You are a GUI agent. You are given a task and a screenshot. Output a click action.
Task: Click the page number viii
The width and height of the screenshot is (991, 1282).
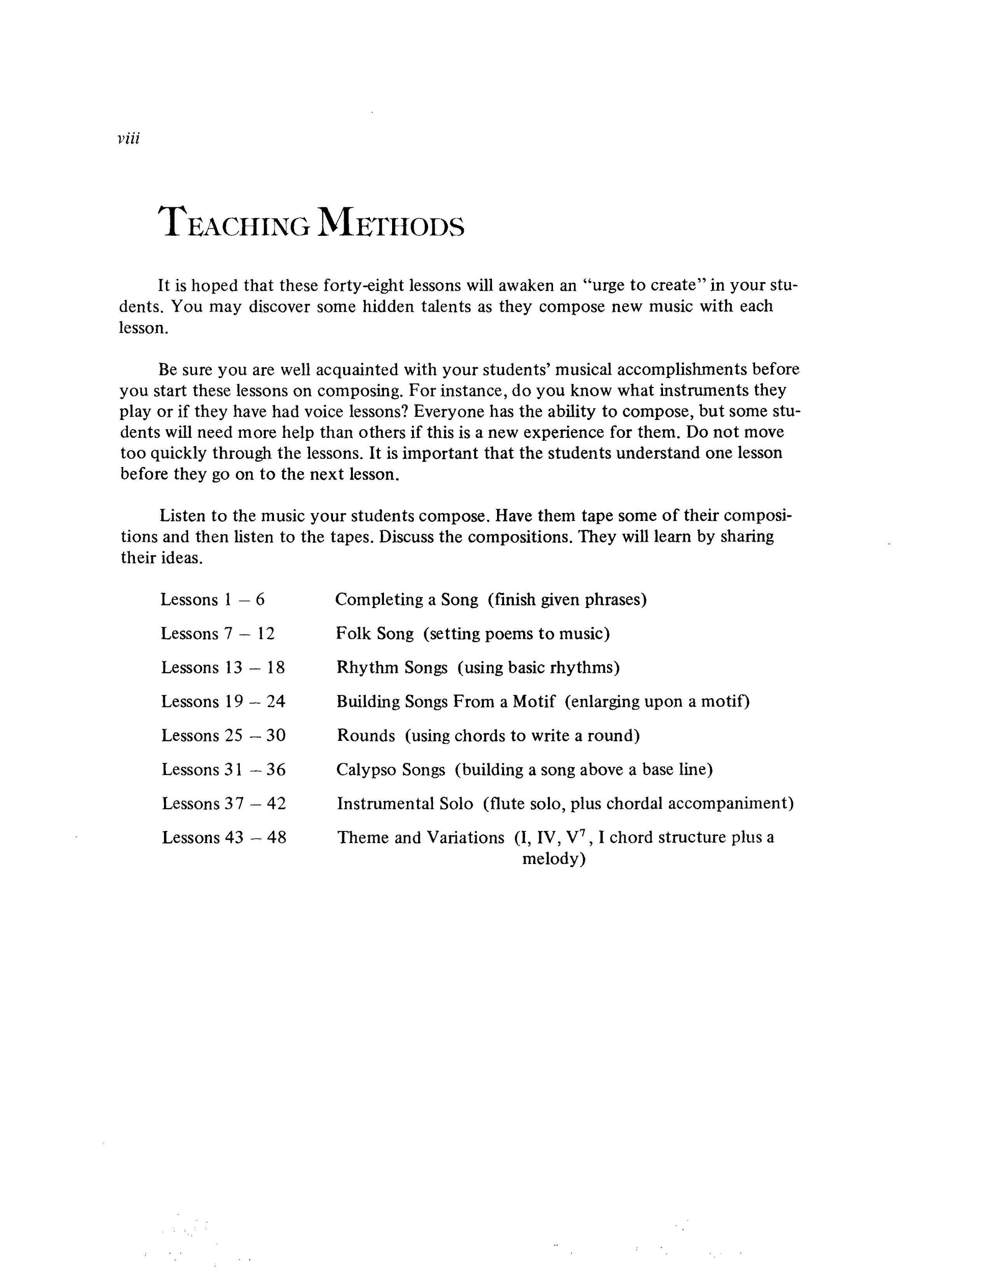pos(128,139)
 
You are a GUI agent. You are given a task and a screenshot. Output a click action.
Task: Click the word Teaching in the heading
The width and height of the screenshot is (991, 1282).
pos(235,224)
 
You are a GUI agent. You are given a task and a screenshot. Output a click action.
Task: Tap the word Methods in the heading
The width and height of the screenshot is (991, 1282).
pos(391,224)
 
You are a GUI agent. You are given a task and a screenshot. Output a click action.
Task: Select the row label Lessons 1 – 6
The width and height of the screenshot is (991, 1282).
pos(212,600)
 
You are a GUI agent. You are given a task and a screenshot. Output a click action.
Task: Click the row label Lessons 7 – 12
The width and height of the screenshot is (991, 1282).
pos(218,634)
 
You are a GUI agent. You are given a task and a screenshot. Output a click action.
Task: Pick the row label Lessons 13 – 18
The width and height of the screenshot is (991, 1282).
pos(223,668)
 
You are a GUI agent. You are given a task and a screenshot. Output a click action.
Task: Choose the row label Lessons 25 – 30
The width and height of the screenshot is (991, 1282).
pos(224,736)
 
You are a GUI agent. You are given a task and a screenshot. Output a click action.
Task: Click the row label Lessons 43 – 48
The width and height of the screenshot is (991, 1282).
pos(224,838)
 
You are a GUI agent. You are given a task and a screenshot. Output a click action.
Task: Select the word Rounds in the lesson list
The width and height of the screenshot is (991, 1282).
pos(366,736)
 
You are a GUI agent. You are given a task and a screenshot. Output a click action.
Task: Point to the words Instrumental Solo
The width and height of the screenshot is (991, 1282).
pos(405,803)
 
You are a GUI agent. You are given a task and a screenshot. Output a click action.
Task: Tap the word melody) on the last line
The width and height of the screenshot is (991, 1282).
pos(554,859)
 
